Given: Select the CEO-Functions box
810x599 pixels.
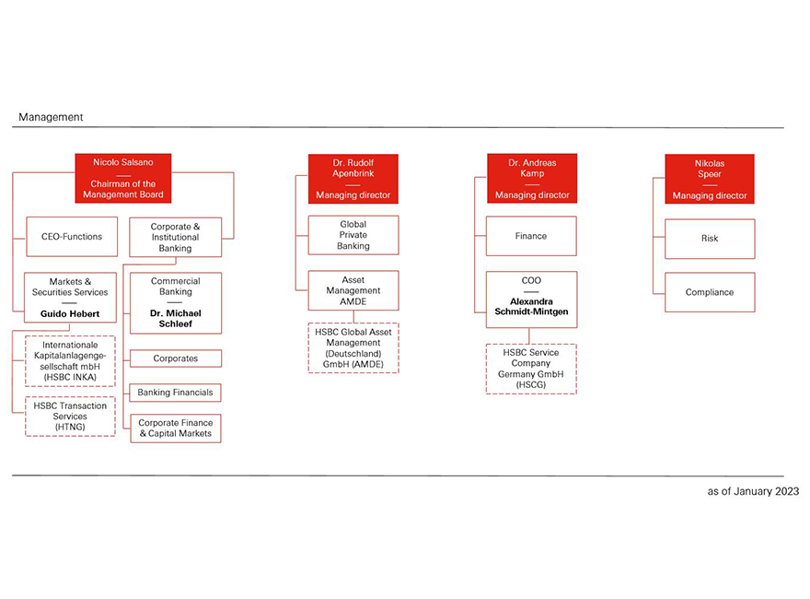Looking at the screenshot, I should (x=72, y=236).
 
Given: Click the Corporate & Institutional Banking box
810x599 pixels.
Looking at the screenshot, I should (x=175, y=237).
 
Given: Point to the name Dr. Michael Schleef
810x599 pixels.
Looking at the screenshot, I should (x=175, y=318).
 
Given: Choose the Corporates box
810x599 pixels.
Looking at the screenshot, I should (x=175, y=358).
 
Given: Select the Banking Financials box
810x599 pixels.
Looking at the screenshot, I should (x=175, y=393).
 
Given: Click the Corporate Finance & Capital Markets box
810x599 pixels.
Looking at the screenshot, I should (x=175, y=429).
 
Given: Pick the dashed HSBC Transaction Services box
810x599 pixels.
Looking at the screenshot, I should (x=71, y=417).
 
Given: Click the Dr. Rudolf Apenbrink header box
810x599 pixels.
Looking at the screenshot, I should (x=353, y=178).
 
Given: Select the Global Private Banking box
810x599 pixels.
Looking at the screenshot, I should (x=353, y=235).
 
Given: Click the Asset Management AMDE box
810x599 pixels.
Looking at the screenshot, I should (x=353, y=290).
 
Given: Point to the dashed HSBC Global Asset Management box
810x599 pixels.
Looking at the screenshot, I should (x=353, y=348).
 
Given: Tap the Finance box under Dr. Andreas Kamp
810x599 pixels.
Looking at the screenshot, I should (x=531, y=236).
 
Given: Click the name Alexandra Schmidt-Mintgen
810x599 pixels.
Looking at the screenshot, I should (x=531, y=306).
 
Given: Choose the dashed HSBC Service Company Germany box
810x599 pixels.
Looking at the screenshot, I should (x=531, y=369).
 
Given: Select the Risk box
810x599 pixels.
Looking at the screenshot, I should (x=710, y=239).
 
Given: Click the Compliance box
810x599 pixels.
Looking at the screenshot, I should (x=710, y=292).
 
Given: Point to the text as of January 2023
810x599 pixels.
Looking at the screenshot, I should (x=753, y=491).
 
